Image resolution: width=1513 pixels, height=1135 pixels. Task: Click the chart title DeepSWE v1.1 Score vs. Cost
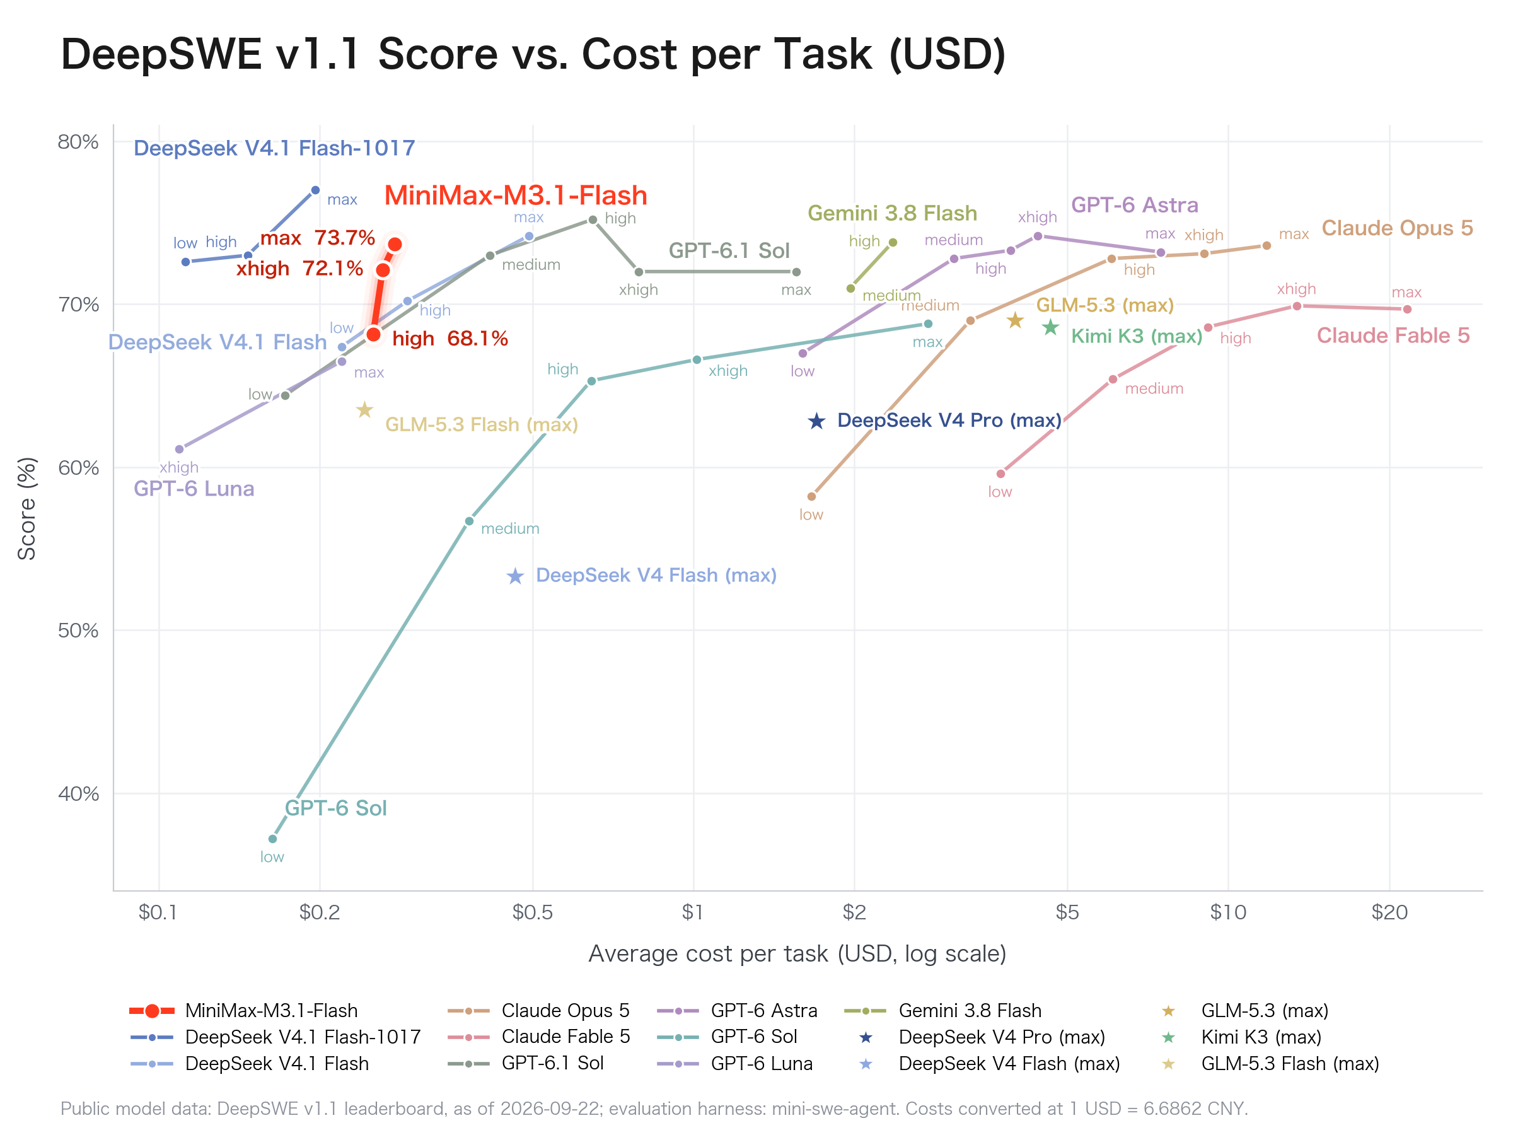[533, 54]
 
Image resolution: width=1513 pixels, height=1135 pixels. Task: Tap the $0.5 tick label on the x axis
[532, 912]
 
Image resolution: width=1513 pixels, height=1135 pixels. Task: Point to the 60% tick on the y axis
[78, 467]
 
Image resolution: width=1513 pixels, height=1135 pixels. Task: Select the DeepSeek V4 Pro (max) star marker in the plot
[816, 421]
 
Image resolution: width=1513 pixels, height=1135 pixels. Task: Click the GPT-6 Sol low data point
[273, 838]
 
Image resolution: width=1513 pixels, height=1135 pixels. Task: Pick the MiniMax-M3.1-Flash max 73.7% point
[395, 244]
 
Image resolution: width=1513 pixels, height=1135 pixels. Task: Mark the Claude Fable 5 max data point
[1407, 309]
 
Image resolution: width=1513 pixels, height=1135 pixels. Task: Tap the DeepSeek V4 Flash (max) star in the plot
[515, 576]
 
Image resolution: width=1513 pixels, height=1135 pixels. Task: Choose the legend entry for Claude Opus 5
[538, 1011]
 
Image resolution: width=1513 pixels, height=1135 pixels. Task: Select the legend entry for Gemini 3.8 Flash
[943, 1011]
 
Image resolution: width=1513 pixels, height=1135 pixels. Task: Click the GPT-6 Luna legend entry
[734, 1063]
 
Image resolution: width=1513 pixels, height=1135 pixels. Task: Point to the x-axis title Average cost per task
[797, 953]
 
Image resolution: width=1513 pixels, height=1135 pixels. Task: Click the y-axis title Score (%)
[26, 508]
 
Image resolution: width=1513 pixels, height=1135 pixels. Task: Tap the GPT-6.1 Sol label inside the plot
[729, 250]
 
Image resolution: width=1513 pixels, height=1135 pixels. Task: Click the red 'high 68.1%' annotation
[450, 338]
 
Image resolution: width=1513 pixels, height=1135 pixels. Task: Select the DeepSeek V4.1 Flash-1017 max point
[315, 190]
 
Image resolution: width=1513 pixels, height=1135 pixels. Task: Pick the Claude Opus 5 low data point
[811, 496]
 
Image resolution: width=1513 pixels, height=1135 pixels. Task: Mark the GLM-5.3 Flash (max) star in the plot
[364, 410]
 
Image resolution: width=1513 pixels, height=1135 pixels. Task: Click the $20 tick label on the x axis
[1389, 912]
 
